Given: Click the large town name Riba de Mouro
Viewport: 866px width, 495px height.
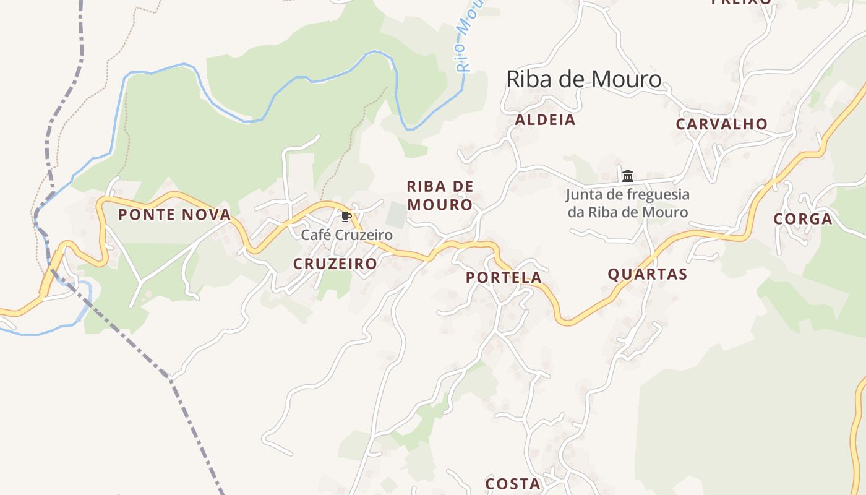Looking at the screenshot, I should click(583, 79).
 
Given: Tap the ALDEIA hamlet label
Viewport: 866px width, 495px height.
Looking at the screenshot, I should click(545, 120).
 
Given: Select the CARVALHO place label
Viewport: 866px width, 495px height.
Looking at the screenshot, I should click(721, 124).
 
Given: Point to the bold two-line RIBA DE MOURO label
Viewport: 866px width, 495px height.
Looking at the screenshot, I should click(439, 196).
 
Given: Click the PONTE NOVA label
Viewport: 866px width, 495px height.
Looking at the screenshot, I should click(174, 215).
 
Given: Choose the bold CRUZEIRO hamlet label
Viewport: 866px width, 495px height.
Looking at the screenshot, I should click(335, 264).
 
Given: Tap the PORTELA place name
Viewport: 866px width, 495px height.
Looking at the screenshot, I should click(504, 278).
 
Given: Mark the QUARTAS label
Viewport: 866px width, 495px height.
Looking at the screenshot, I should click(647, 274).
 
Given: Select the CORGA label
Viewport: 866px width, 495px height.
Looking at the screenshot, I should click(802, 219).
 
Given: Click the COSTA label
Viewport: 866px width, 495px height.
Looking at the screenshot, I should click(513, 484).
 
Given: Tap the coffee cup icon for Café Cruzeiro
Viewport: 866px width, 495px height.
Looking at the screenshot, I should click(346, 217).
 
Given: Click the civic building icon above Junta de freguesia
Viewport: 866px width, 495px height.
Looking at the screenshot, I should click(628, 176).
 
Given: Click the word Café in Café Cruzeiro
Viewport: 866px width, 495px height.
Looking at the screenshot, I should click(315, 235).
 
